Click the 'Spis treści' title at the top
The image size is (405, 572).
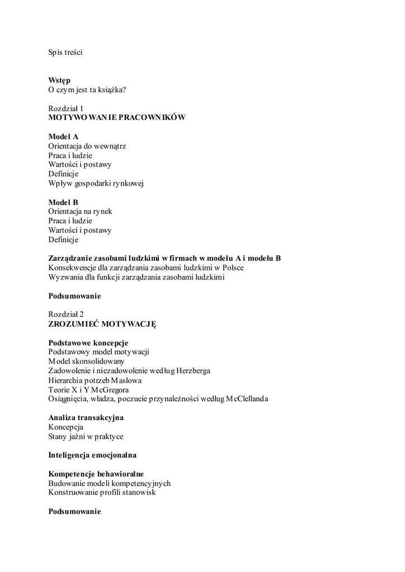click(x=65, y=53)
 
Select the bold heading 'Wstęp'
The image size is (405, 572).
click(x=59, y=80)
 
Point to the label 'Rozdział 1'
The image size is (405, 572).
click(x=65, y=108)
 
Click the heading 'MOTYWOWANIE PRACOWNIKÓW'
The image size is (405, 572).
click(x=116, y=118)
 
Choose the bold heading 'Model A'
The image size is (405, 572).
click(x=63, y=136)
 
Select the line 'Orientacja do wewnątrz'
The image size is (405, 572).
click(x=87, y=146)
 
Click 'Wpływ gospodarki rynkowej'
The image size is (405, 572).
click(x=96, y=183)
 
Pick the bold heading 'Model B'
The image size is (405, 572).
click(x=63, y=202)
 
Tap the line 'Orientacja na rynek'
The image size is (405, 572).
click(x=81, y=211)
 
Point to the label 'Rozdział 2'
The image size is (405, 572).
click(x=65, y=314)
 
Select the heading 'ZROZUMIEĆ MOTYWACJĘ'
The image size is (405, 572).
click(x=102, y=324)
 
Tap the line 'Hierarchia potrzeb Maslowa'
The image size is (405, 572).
click(x=95, y=380)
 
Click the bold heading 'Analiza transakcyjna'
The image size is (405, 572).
click(x=86, y=417)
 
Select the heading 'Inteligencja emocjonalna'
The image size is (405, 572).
click(x=92, y=455)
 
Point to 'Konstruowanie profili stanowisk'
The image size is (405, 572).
click(x=102, y=493)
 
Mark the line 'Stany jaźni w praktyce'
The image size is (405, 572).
click(x=86, y=436)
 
